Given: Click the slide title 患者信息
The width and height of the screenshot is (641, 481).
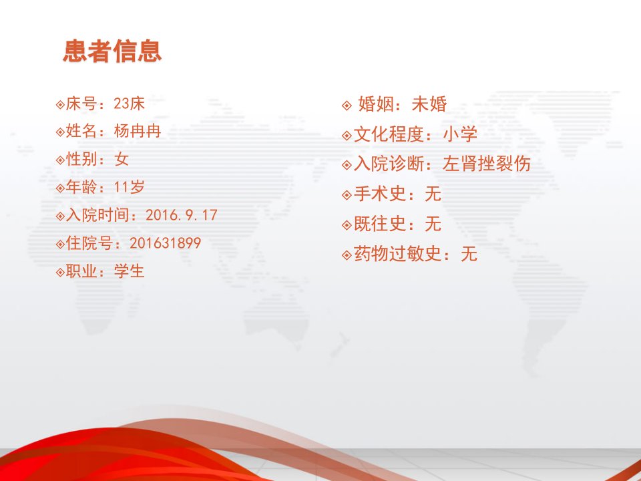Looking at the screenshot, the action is pos(112,51).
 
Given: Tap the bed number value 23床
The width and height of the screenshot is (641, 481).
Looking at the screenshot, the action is pos(129,104).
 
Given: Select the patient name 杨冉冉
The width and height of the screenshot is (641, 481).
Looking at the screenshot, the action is pos(138,132).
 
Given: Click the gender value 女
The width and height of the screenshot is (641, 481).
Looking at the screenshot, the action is pos(122,159).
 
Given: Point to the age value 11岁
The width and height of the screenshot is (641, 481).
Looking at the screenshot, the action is pos(129,187).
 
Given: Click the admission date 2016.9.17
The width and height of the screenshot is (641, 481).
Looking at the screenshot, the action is pos(182,215).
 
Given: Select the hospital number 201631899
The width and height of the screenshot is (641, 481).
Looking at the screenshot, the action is pos(165,243).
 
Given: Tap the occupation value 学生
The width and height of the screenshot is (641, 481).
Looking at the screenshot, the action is pos(129,271).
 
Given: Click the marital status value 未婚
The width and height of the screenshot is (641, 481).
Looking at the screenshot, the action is pos(429,104).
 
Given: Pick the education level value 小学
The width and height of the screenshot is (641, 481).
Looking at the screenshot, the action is pos(460,134).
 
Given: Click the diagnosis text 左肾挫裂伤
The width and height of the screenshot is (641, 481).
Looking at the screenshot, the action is pos(487,164).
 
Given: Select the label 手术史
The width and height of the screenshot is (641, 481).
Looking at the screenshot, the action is pos(380,194).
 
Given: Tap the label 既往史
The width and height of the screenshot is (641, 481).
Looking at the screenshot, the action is pos(380,224).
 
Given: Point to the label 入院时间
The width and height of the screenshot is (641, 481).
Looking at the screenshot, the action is pos(97,215).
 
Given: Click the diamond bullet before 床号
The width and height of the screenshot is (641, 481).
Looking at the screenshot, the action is pos(61,104).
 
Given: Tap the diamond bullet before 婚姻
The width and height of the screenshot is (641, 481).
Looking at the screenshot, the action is pos(347,106).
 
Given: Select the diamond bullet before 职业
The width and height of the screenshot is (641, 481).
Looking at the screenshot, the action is pos(61,272).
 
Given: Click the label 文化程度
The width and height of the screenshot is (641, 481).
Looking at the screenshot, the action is pos(389,134).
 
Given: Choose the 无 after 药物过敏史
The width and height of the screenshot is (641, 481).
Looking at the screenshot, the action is pos(469,254).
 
